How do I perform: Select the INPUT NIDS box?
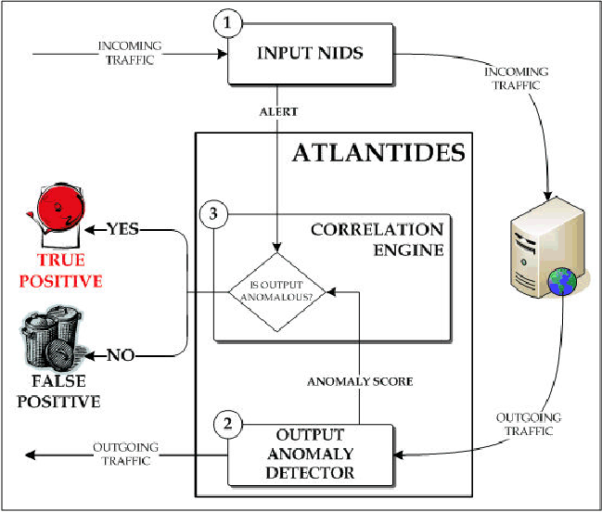[310, 53]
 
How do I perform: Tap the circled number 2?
[228, 423]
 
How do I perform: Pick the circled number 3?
[213, 215]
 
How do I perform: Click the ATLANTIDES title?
[378, 153]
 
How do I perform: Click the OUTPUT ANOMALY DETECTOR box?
[310, 455]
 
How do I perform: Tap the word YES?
[125, 228]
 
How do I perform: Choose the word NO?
[119, 354]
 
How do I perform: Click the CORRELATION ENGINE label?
[378, 238]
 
